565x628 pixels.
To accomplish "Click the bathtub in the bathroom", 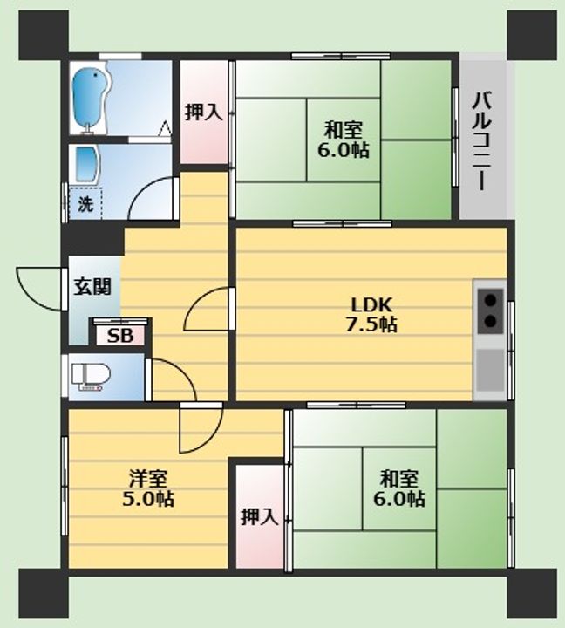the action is pyautogui.click(x=89, y=97).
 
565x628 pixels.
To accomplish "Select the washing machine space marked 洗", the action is pyautogui.click(x=85, y=202).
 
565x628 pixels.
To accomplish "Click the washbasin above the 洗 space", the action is pyautogui.click(x=86, y=165).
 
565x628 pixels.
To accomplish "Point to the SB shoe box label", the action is pyautogui.click(x=120, y=335).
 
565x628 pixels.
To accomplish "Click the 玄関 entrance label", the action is pyautogui.click(x=92, y=286).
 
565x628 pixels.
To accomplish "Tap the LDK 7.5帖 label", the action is pyautogui.click(x=371, y=314).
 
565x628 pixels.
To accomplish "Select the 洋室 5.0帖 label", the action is pyautogui.click(x=147, y=488).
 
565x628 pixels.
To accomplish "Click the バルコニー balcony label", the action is pyautogui.click(x=482, y=141).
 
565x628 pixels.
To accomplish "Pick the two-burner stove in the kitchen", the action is pyautogui.click(x=491, y=311).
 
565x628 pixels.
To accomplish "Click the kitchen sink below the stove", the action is pyautogui.click(x=490, y=370).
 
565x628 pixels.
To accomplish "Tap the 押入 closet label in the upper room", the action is pyautogui.click(x=203, y=113).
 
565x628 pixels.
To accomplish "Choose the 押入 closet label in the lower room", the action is pyautogui.click(x=260, y=516).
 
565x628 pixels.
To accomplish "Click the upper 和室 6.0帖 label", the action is pyautogui.click(x=344, y=140).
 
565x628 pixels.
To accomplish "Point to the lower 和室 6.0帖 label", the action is pyautogui.click(x=399, y=488).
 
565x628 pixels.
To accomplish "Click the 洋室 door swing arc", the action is pyautogui.click(x=211, y=439).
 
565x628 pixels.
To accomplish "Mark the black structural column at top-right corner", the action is pyautogui.click(x=532, y=35).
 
